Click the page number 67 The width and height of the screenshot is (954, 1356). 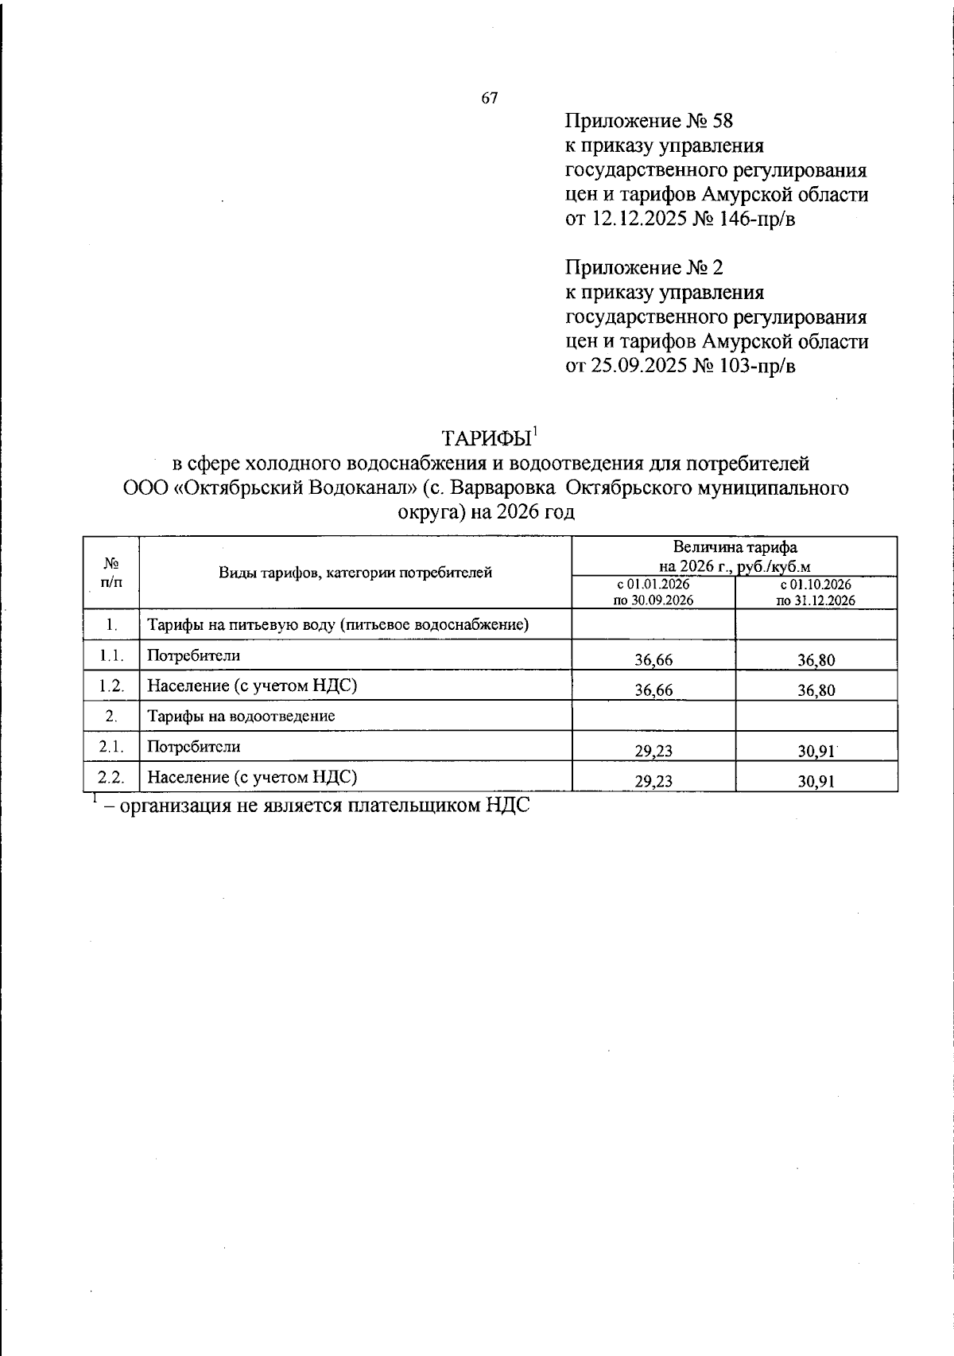pyautogui.click(x=490, y=98)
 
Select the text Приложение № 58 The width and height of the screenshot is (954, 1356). pyautogui.click(x=648, y=122)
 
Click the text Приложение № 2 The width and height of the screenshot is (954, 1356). pyautogui.click(x=644, y=267)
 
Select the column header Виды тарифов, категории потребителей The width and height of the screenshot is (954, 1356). pyautogui.click(x=355, y=572)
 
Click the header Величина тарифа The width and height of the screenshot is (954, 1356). pyautogui.click(x=735, y=546)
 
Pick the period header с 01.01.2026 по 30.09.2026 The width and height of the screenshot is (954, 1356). pyautogui.click(x=653, y=593)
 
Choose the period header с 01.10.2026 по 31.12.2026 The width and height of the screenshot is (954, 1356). pyautogui.click(x=816, y=593)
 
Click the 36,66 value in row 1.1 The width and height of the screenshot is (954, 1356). pyautogui.click(x=653, y=660)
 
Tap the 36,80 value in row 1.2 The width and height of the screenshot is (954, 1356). pyautogui.click(x=816, y=690)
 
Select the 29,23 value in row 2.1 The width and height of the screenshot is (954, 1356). pyautogui.click(x=653, y=751)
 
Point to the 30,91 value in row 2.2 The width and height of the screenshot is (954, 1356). pyautogui.click(x=816, y=781)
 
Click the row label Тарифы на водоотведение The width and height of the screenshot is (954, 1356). pyautogui.click(x=241, y=715)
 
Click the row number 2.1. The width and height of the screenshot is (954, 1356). pyautogui.click(x=111, y=747)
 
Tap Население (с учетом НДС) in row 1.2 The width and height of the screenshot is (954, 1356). pyautogui.click(x=251, y=685)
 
